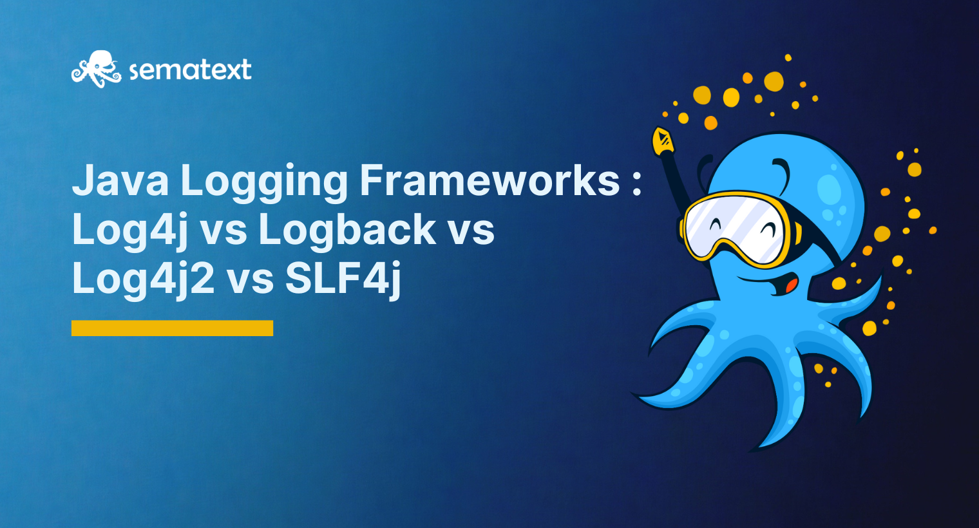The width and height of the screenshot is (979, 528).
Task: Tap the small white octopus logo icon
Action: (96, 69)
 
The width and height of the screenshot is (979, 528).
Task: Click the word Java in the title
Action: (120, 180)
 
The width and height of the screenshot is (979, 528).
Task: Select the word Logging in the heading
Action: (264, 184)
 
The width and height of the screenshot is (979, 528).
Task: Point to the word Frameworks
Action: (489, 180)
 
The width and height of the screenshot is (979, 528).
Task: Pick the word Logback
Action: (347, 229)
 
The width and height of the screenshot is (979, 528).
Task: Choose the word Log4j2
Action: (144, 279)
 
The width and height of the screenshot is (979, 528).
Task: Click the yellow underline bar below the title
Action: (172, 328)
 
